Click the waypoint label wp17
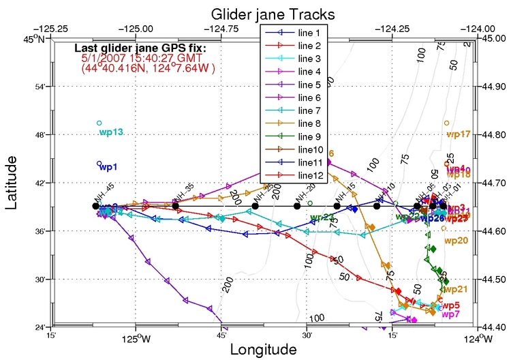[x=459, y=134]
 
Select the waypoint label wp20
[x=456, y=241]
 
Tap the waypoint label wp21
[x=455, y=290]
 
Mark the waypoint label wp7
[x=450, y=314]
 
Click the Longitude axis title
[x=263, y=349]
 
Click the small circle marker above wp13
[x=99, y=123]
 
